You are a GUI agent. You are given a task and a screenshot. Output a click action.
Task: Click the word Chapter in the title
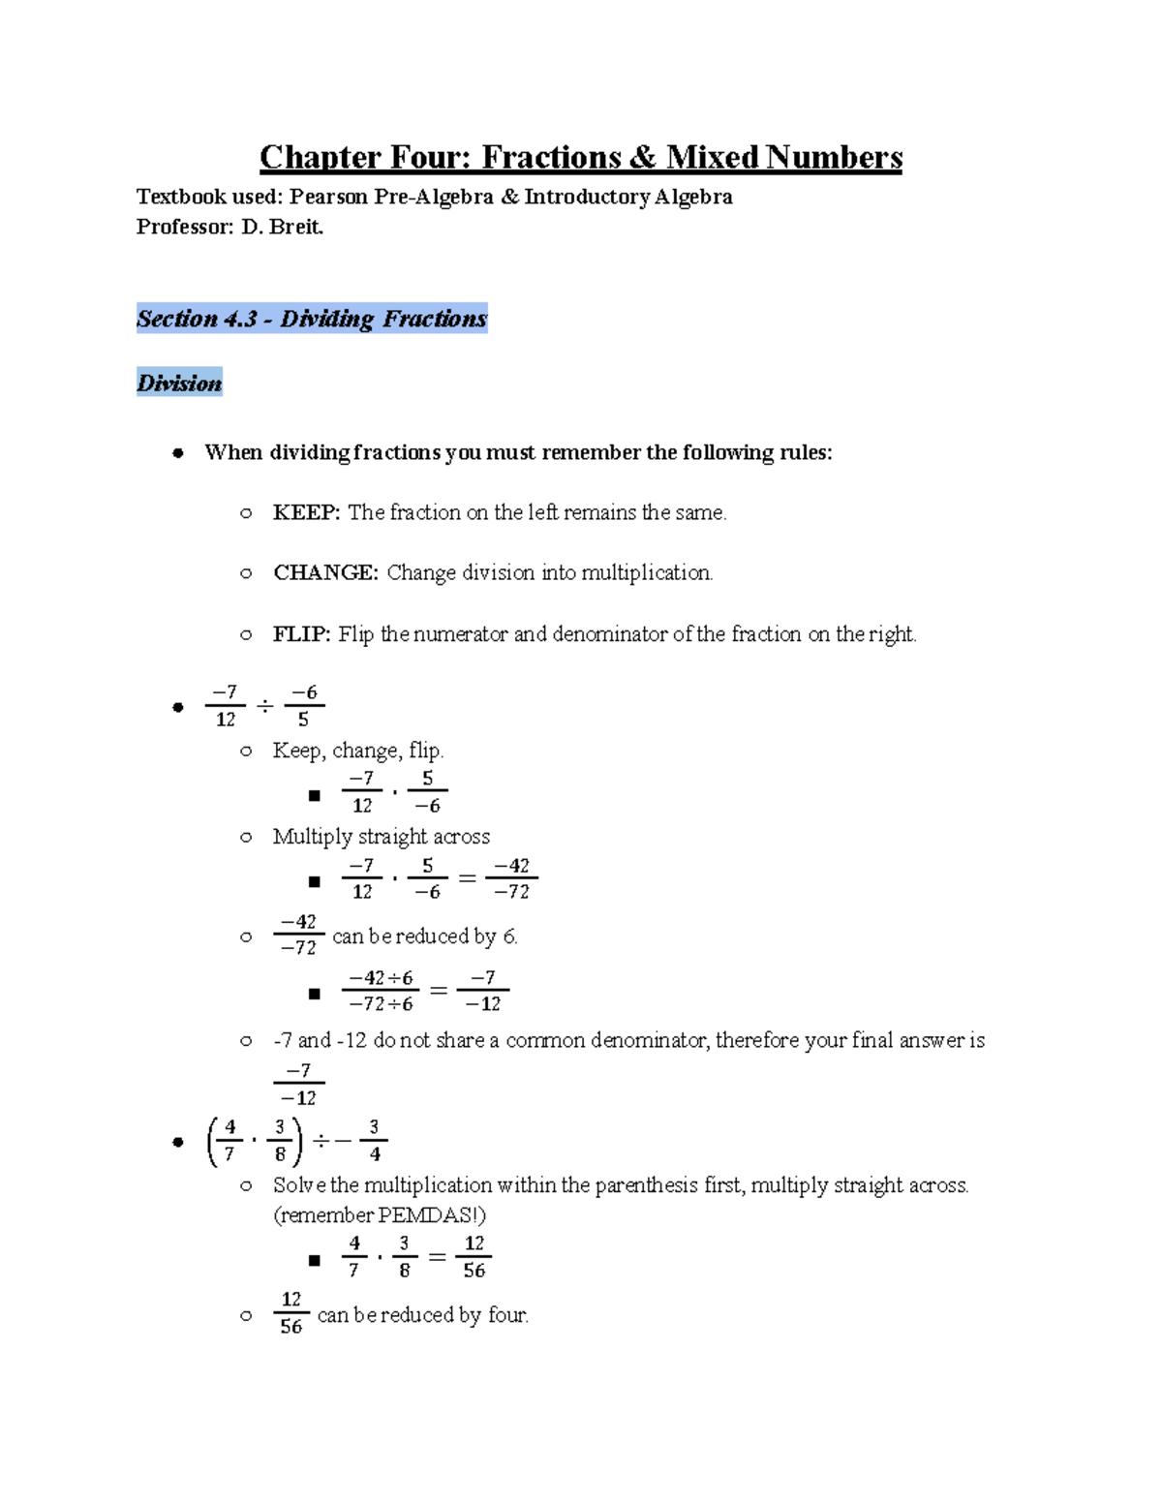point(320,157)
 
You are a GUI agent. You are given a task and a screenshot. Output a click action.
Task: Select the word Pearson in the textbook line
point(328,198)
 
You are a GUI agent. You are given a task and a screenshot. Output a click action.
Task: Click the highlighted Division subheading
point(179,384)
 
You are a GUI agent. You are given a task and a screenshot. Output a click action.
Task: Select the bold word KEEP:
point(306,512)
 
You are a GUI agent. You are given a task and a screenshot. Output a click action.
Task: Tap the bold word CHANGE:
point(325,572)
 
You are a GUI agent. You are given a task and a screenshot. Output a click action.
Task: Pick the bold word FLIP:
point(301,634)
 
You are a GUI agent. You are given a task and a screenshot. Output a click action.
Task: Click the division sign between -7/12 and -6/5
point(264,706)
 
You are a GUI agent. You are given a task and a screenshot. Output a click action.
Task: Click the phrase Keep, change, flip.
point(357,751)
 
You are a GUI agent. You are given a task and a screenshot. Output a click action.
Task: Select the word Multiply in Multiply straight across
point(312,837)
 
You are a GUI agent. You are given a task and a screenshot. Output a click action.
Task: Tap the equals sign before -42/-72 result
point(467,878)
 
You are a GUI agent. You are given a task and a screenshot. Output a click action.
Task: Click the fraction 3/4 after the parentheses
point(374,1141)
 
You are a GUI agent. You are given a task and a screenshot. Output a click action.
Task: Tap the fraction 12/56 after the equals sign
point(474,1257)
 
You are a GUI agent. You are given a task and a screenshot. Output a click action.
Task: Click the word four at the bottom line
point(506,1315)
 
